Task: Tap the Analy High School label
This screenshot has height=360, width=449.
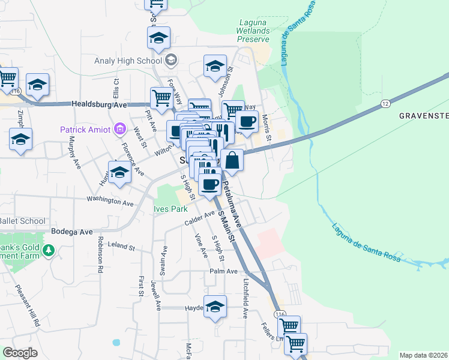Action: (128, 61)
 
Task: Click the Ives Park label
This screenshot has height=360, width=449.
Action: (170, 209)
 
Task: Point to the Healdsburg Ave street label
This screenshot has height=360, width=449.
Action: (100, 104)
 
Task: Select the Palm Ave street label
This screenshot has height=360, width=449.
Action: (224, 271)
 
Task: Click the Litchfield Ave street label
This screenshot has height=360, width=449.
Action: (246, 298)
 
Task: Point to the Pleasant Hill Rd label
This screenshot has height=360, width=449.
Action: (28, 305)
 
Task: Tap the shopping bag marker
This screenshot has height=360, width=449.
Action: (232, 160)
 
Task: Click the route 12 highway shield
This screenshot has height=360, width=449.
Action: (384, 104)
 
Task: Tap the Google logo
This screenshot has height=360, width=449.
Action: (20, 353)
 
